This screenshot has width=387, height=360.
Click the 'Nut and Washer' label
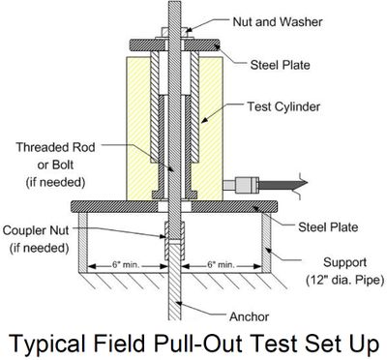[278, 22]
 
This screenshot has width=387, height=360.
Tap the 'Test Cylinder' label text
[283, 106]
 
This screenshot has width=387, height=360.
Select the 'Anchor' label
[249, 316]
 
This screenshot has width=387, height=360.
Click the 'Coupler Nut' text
[36, 230]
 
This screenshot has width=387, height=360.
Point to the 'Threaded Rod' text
[55, 147]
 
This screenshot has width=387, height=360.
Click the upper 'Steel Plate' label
[281, 65]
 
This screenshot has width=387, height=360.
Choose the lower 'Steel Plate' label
[328, 227]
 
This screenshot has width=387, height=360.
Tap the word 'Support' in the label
[344, 262]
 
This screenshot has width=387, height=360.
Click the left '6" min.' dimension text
[126, 265]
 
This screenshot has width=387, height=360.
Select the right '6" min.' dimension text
[221, 265]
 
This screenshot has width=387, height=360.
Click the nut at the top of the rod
[174, 33]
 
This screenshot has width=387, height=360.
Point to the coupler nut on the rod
[174, 241]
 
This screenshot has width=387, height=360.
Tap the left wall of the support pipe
[83, 243]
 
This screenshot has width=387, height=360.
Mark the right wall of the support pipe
[266, 243]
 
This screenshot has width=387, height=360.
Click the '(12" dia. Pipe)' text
[344, 280]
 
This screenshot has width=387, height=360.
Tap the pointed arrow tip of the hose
[308, 183]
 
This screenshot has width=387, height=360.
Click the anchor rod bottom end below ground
[174, 319]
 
